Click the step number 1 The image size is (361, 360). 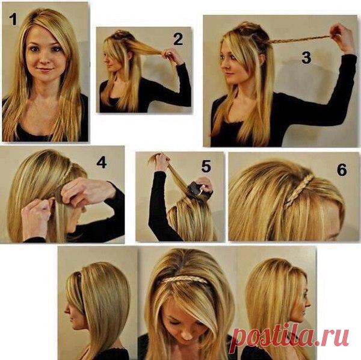tap(13, 19)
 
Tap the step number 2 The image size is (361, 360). tap(178, 39)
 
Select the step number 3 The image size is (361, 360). tap(306, 58)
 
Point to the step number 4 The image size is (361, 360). tap(102, 162)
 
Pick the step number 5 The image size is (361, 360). tap(206, 166)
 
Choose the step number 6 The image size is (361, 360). tap(342, 170)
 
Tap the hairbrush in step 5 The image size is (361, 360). tap(197, 190)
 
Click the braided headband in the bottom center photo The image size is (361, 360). tap(184, 280)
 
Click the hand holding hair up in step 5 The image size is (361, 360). tap(161, 160)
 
